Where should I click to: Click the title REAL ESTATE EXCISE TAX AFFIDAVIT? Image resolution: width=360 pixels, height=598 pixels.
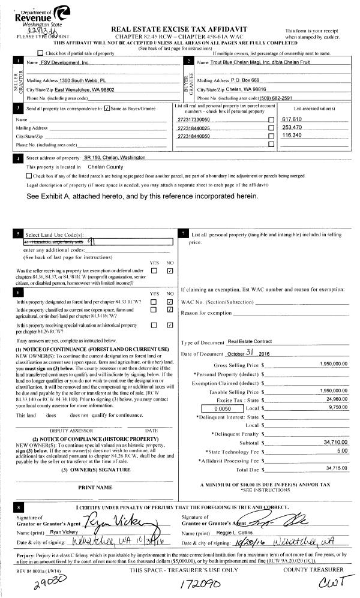pos(184,29)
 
